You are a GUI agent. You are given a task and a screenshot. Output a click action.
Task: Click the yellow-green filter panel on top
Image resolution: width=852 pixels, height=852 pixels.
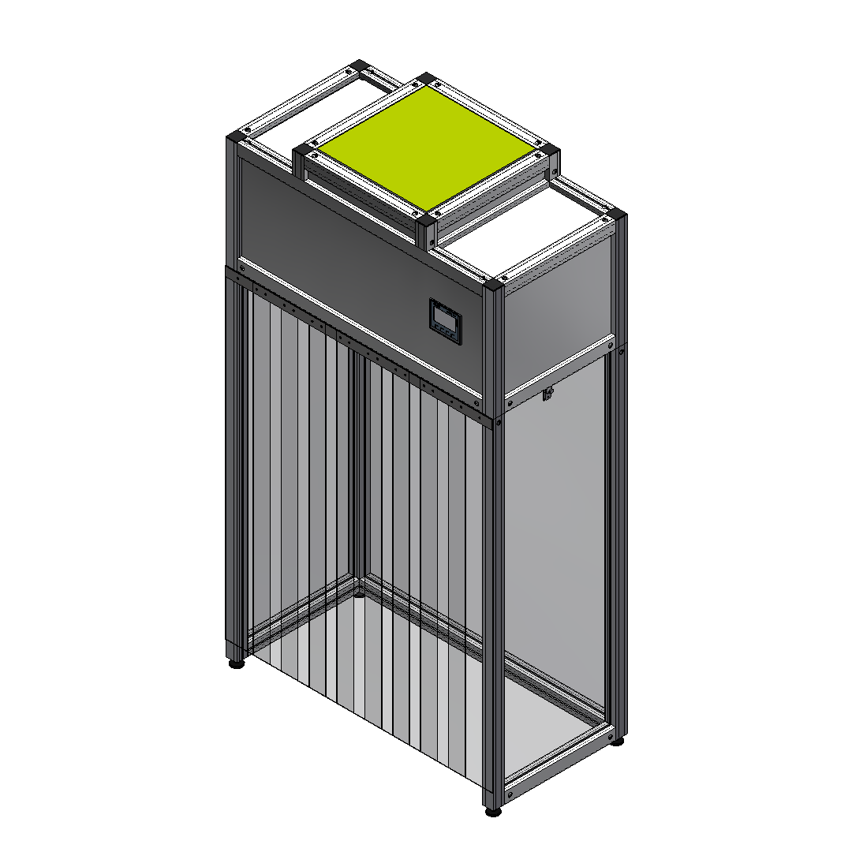[x=427, y=148]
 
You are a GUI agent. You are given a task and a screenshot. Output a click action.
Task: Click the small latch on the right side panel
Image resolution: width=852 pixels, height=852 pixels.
[x=547, y=393]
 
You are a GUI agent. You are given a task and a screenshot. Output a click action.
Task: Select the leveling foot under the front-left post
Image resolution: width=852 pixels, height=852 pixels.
[x=236, y=663]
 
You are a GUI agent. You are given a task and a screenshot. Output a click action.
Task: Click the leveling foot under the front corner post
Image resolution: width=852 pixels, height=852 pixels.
[x=493, y=811]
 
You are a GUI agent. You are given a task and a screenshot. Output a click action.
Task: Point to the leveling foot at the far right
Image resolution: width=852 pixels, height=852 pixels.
[x=618, y=741]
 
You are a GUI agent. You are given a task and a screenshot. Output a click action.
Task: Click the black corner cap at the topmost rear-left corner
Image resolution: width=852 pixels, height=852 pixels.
[x=361, y=66]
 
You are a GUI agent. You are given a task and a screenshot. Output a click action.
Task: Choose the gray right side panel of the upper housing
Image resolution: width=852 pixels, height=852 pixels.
[x=556, y=316]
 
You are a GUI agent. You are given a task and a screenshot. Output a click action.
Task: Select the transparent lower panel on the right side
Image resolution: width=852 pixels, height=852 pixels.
[x=552, y=536]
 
